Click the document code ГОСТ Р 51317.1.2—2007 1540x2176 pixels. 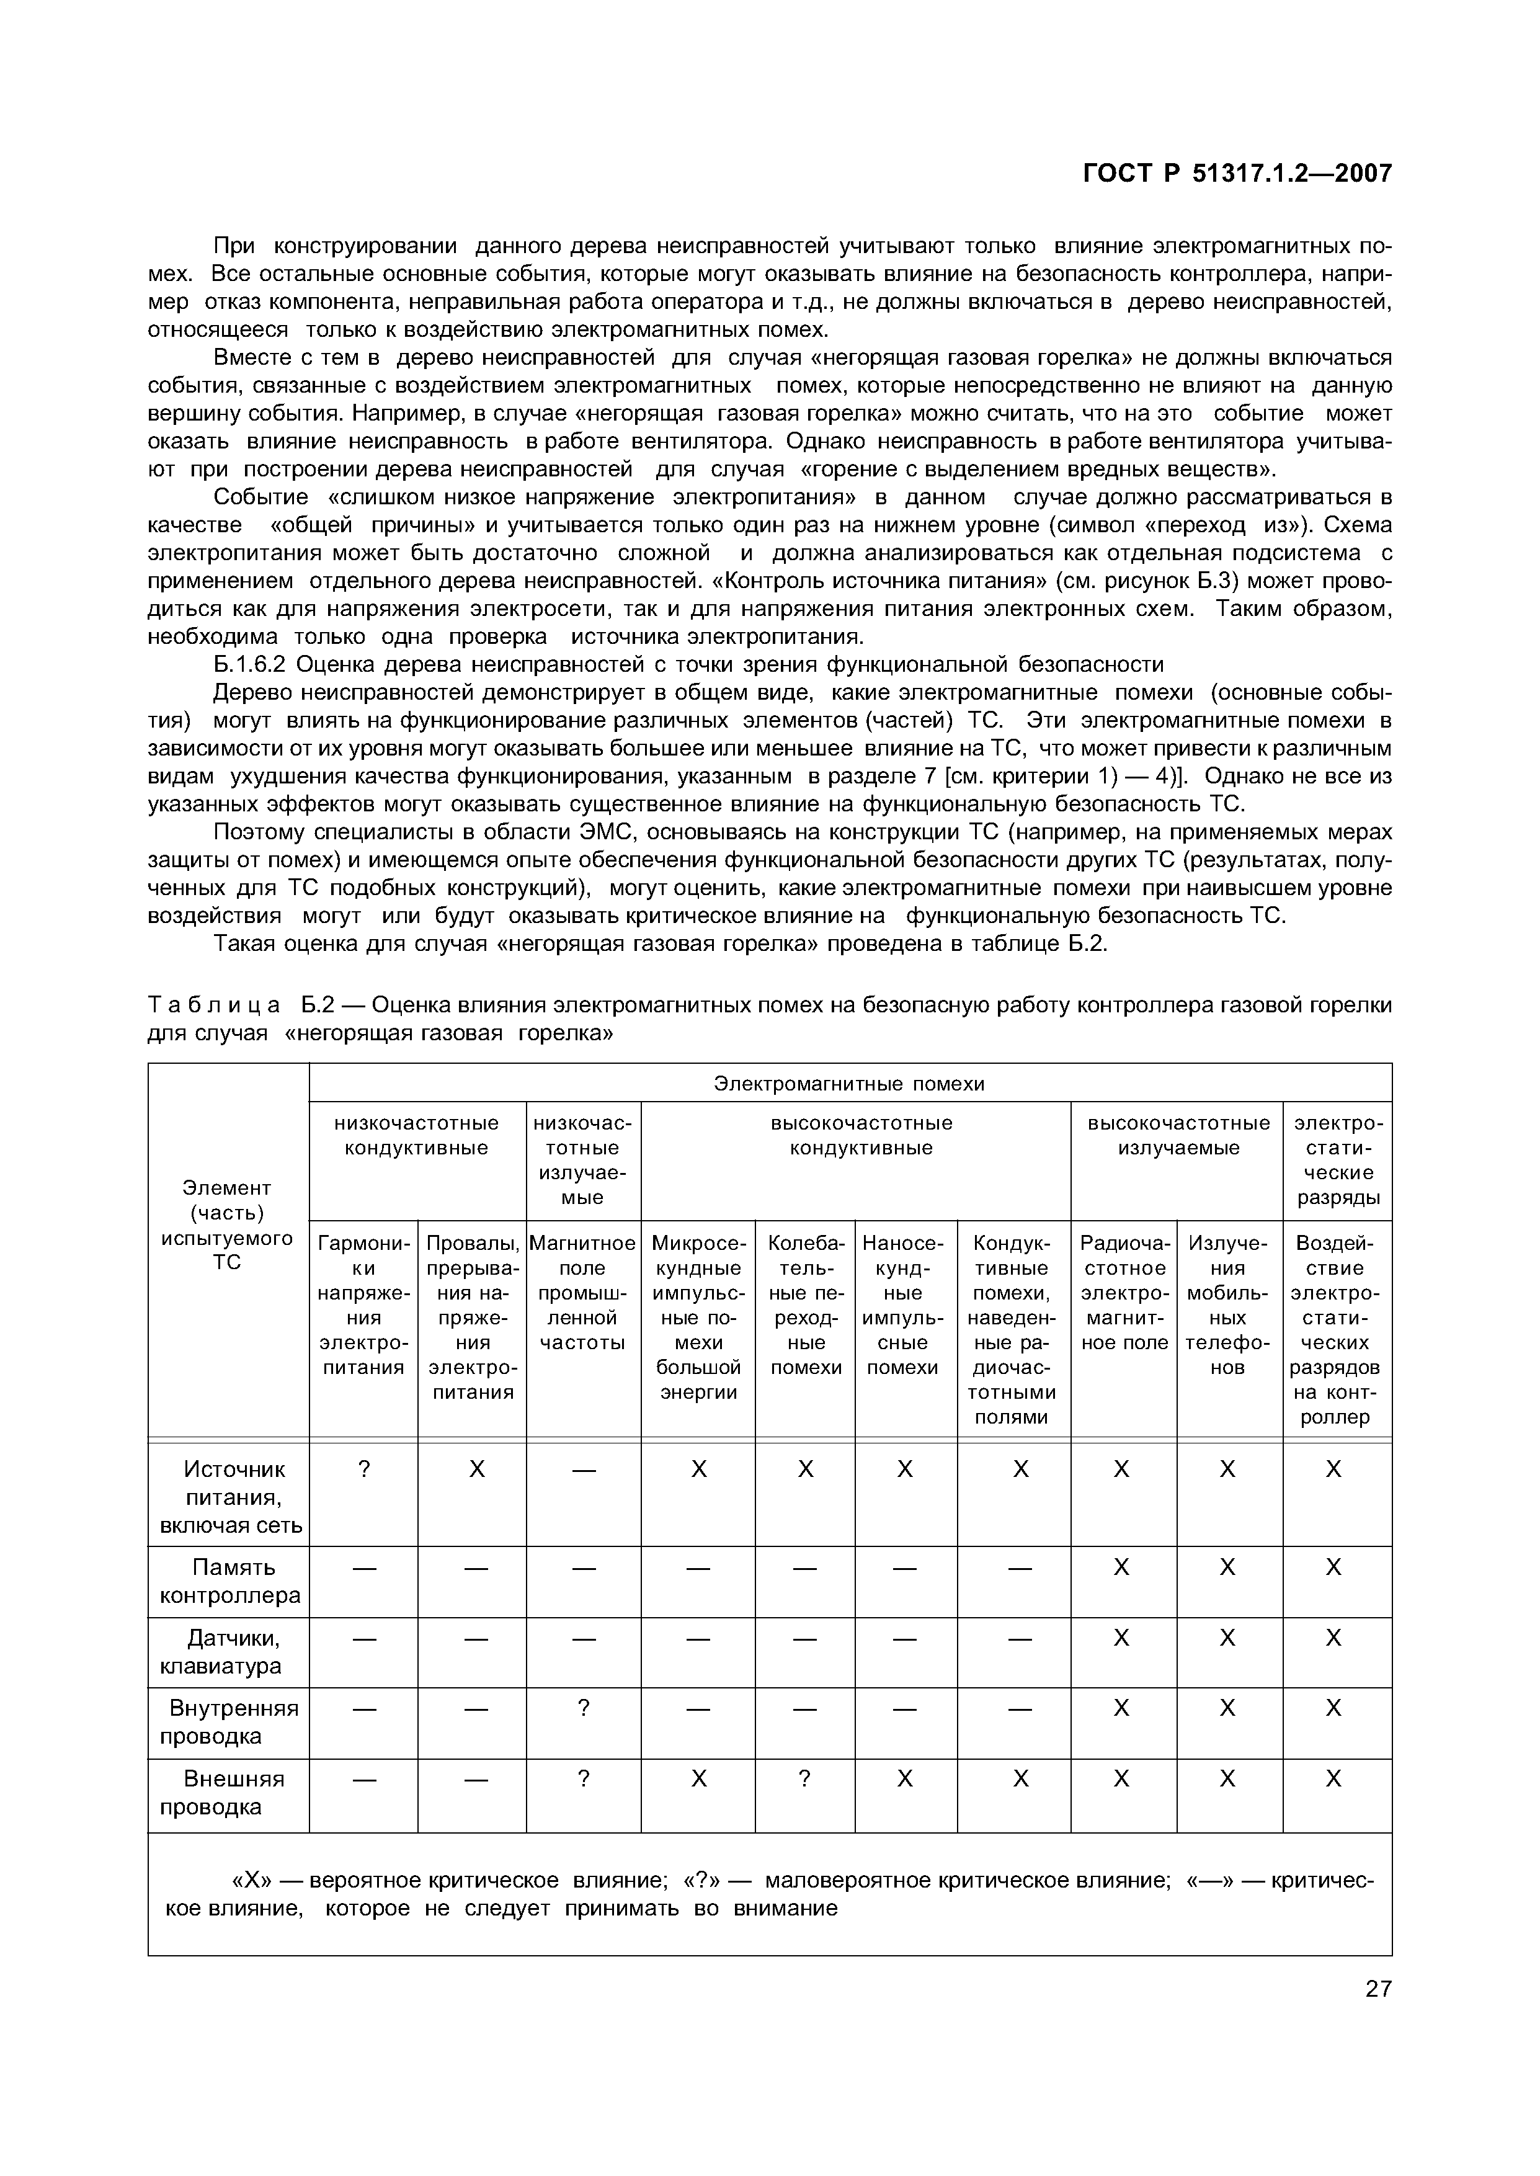click(1237, 174)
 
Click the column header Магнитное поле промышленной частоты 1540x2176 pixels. click(582, 1291)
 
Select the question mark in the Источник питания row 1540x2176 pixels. click(363, 1469)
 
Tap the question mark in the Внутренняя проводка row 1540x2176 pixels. click(583, 1708)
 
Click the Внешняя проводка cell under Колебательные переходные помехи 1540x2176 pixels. click(804, 1779)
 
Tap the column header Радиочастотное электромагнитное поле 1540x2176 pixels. click(1124, 1291)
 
